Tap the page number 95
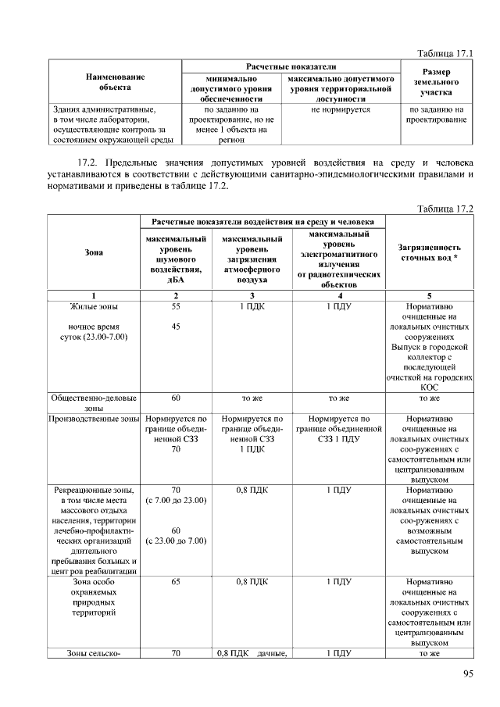pyautogui.click(x=468, y=674)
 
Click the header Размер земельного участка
pyautogui.click(x=436, y=82)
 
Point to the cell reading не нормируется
pyautogui.click(x=340, y=110)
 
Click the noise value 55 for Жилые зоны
pyautogui.click(x=176, y=307)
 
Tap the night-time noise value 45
pyautogui.click(x=176, y=327)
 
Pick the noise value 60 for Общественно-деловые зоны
pyautogui.click(x=176, y=398)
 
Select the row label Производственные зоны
pyautogui.click(x=93, y=420)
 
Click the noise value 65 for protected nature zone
pyautogui.click(x=176, y=582)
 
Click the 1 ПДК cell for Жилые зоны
pyautogui.click(x=252, y=307)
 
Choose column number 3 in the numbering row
pyautogui.click(x=252, y=295)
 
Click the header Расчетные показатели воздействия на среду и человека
pyautogui.click(x=262, y=223)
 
